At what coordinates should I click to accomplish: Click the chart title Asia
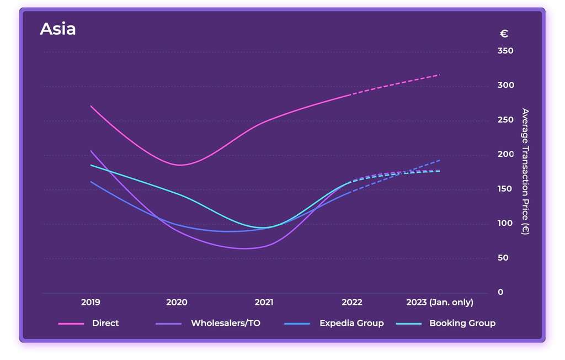tap(57, 29)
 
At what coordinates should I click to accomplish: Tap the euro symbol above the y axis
tap(503, 34)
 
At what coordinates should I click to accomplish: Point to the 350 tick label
tap(505, 51)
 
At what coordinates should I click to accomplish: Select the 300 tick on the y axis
tap(505, 85)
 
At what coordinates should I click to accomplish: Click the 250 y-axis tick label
tap(505, 120)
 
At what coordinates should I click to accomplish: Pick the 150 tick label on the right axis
tap(505, 189)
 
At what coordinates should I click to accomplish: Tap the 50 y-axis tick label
tap(503, 258)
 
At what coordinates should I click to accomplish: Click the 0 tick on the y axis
tap(500, 292)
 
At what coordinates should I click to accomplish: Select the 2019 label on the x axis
tap(90, 302)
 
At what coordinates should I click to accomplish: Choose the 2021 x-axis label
tap(264, 302)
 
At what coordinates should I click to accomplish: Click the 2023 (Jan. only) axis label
tap(439, 302)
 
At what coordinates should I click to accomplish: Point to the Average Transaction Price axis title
tap(525, 171)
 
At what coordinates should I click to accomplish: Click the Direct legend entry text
tap(105, 323)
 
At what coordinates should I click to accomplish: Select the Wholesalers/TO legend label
tap(225, 323)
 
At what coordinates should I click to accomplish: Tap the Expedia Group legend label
tap(351, 323)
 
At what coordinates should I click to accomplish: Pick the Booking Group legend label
tap(462, 323)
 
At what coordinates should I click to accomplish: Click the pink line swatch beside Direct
tap(71, 324)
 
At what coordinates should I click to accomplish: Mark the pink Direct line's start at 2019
tap(91, 106)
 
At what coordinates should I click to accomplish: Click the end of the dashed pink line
tap(440, 74)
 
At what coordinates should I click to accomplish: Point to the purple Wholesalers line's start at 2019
tap(91, 151)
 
